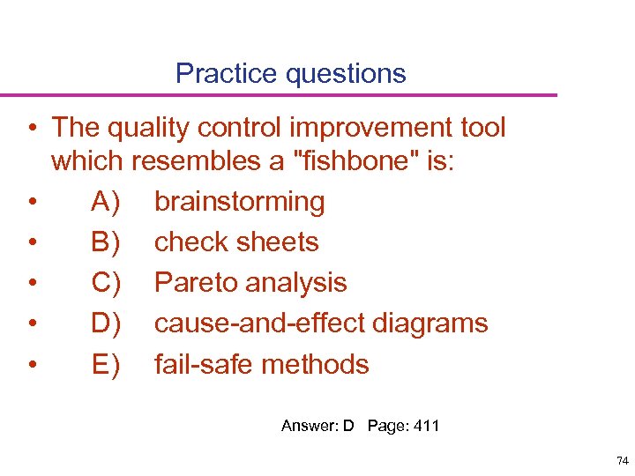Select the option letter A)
[x=107, y=202]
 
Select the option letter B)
[x=107, y=242]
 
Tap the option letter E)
[x=107, y=364]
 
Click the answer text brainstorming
[x=239, y=202]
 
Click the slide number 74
[x=622, y=460]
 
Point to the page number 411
[x=426, y=427]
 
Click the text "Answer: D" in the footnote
[x=317, y=427]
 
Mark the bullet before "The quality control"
[x=31, y=129]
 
